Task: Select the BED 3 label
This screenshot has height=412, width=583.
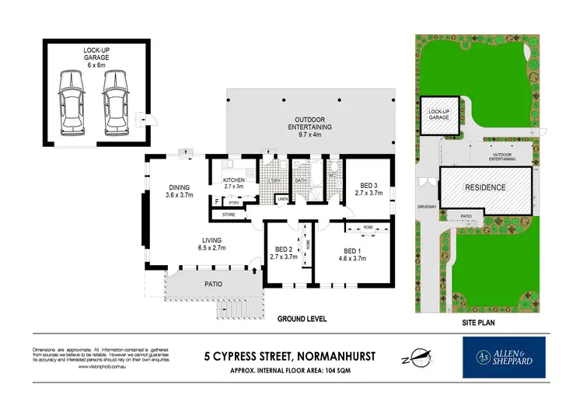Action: tap(368, 189)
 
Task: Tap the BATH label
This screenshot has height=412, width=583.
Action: tap(302, 181)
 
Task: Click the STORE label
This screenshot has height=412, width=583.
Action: tap(229, 214)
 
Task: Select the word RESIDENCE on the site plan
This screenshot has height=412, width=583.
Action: tap(485, 187)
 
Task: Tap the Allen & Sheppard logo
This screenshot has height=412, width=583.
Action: tap(504, 357)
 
